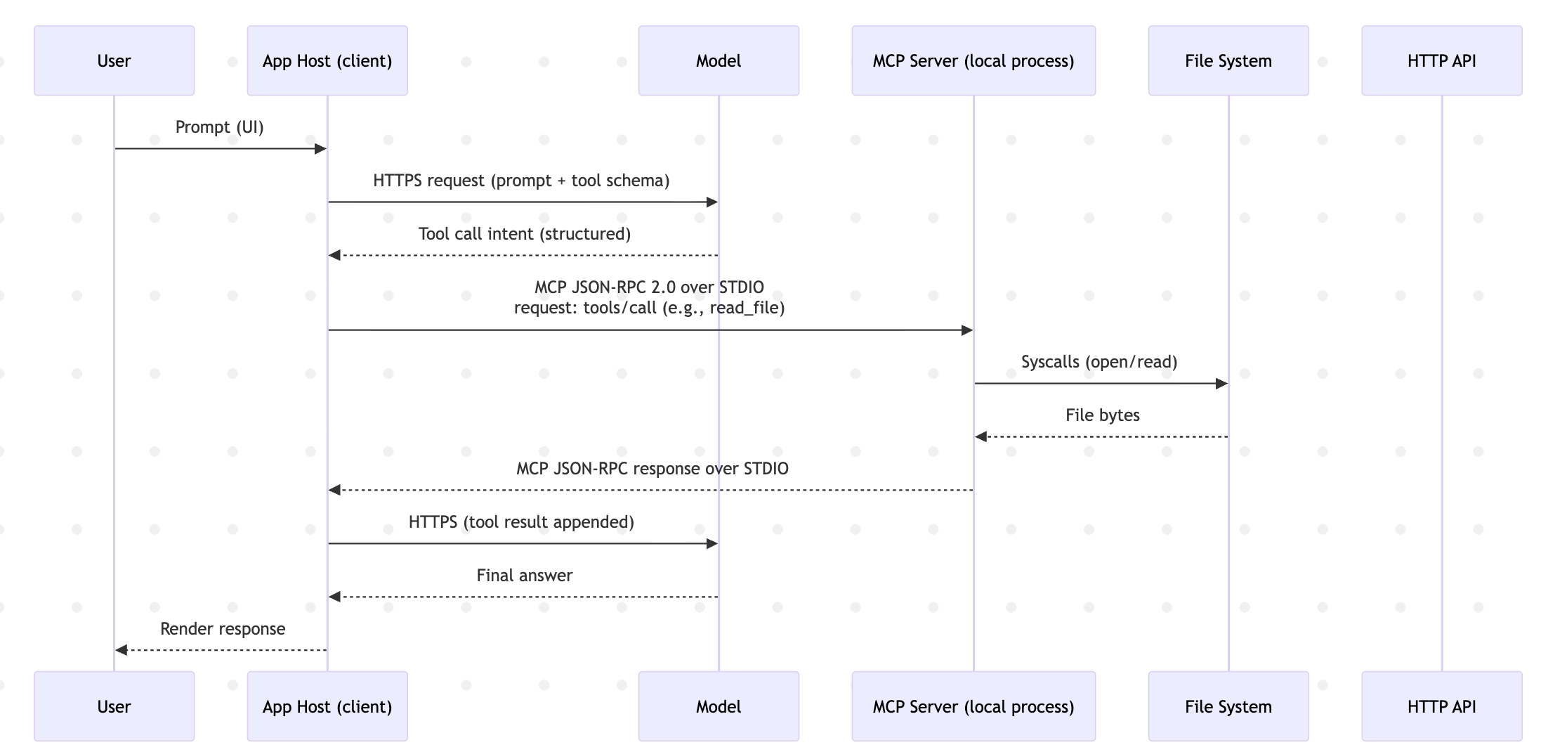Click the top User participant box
point(114,60)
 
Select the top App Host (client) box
point(327,60)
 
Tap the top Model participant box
point(719,60)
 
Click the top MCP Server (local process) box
point(973,60)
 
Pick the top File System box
point(1228,60)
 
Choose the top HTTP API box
point(1442,60)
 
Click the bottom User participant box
point(114,706)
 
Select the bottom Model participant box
point(719,706)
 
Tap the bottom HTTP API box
point(1442,706)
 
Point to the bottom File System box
point(1228,706)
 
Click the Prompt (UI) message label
point(220,127)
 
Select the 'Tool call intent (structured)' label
point(525,234)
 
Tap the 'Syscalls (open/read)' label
point(1099,362)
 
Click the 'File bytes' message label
point(1103,415)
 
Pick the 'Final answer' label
point(525,576)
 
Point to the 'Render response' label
point(223,629)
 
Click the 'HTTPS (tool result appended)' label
point(522,522)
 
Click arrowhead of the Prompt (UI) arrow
point(321,149)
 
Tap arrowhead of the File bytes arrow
point(981,437)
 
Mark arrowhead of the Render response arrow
point(122,650)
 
